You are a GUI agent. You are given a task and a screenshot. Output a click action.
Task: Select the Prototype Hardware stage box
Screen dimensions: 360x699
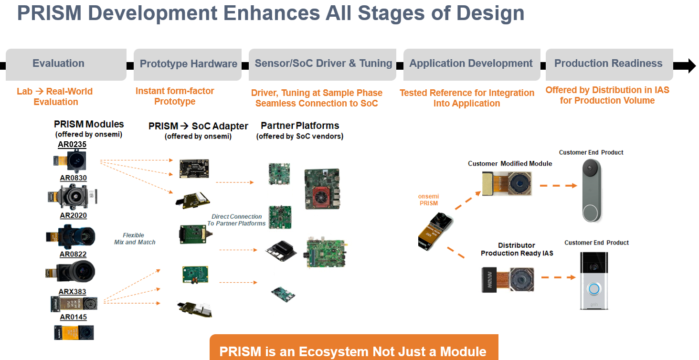coord(188,64)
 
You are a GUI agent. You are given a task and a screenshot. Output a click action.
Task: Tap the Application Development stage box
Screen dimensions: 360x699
coord(471,64)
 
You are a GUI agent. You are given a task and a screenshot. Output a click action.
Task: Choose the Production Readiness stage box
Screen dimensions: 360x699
coord(609,64)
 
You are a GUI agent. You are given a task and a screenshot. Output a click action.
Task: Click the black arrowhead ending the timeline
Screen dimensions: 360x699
coord(690,65)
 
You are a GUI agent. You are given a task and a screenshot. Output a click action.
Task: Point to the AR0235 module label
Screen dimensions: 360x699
coord(72,144)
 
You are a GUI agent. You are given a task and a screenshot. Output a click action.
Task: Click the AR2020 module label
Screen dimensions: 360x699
coord(73,215)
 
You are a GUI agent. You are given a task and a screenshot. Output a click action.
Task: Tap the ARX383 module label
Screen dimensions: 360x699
coord(73,292)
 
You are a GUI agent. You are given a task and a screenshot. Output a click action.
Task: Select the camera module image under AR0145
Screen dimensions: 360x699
coord(74,332)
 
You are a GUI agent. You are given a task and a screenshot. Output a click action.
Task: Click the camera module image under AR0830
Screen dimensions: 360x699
coord(73,196)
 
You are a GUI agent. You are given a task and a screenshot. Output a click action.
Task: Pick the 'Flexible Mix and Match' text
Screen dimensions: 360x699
coord(134,239)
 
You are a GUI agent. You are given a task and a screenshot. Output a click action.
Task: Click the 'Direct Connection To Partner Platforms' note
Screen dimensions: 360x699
coord(237,220)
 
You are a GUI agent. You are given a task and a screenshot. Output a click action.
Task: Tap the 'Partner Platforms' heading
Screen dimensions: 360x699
coord(300,126)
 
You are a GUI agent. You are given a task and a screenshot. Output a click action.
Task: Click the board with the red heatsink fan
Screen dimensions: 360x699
coord(322,189)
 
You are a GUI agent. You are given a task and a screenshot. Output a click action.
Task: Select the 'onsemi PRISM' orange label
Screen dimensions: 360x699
coord(428,200)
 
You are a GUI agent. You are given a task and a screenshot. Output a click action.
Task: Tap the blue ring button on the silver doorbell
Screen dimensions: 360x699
coord(593,289)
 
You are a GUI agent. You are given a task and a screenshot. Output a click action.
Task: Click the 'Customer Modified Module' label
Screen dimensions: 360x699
coord(510,164)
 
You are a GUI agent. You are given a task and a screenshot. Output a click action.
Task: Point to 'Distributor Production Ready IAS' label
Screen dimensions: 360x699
coord(517,249)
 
